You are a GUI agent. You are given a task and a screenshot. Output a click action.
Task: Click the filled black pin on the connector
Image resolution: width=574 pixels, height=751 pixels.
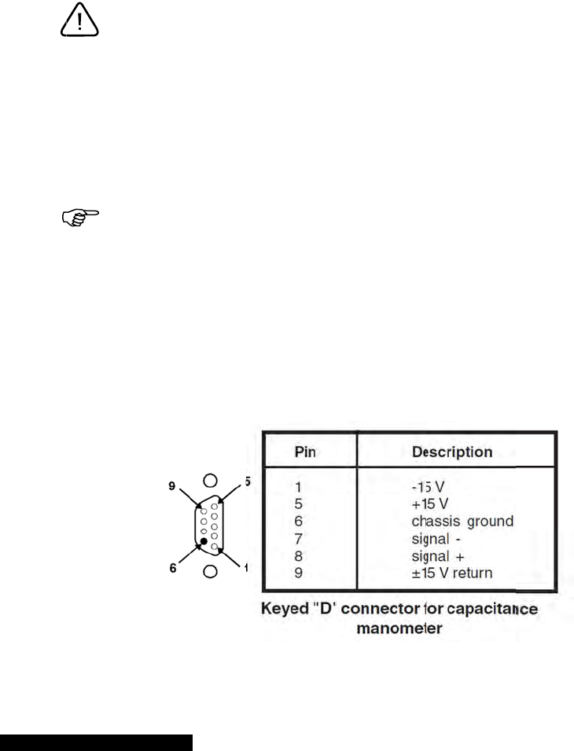[204, 541]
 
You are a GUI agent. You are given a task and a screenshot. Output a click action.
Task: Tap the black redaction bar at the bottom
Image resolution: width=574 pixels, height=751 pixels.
[96, 742]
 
